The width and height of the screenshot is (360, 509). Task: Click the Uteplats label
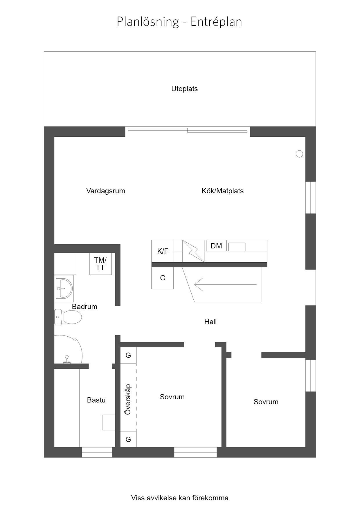[x=184, y=89]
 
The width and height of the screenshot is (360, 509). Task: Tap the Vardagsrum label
[x=106, y=191]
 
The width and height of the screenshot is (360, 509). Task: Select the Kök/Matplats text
[x=223, y=191]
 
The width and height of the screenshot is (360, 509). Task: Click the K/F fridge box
[x=163, y=251]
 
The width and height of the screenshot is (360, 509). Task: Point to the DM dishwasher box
[x=216, y=246]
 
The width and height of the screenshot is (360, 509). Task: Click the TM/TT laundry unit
[x=100, y=264]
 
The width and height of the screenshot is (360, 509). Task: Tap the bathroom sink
[x=64, y=288]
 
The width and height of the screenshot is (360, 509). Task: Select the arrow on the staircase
[x=226, y=285]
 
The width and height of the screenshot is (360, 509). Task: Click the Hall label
[x=210, y=322]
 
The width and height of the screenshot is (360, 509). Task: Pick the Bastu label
[x=96, y=400]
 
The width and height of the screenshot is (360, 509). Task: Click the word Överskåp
[x=128, y=399]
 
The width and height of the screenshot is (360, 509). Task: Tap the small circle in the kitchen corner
[x=299, y=154]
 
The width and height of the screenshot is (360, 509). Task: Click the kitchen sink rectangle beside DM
[x=237, y=247]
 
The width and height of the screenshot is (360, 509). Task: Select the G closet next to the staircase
[x=163, y=278]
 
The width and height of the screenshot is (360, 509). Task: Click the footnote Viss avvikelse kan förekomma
[x=180, y=498]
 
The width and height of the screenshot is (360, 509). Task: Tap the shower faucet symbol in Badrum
[x=67, y=359]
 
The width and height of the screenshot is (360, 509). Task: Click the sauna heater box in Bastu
[x=109, y=422]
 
